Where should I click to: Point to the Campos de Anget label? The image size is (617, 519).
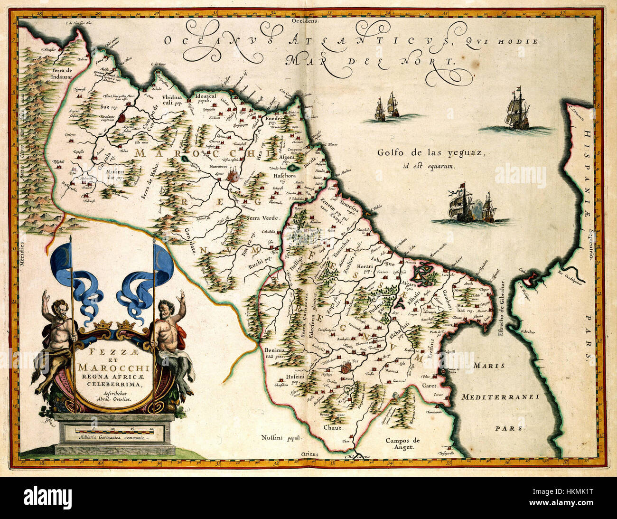[x=402, y=444]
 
